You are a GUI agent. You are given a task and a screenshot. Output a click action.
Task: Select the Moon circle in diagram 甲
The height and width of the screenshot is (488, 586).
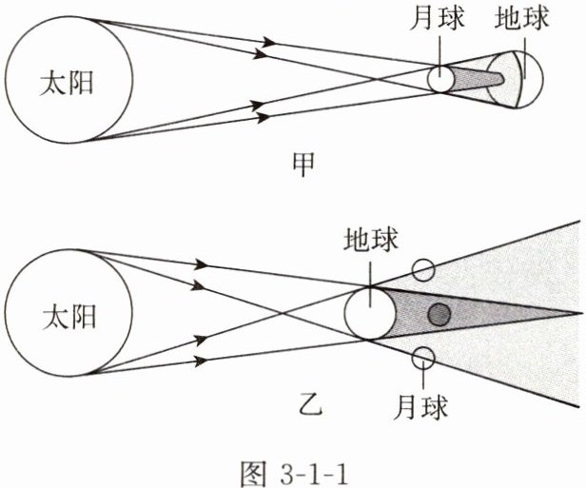(440, 78)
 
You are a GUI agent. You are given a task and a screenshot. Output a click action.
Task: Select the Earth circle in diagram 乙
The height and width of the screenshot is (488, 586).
(369, 313)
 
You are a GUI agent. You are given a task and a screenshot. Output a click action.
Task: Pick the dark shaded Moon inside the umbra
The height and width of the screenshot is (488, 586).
(439, 314)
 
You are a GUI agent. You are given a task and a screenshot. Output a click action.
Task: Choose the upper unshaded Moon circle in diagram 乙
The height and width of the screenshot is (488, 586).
(424, 269)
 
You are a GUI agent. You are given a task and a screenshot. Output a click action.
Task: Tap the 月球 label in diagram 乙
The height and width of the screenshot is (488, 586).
(420, 406)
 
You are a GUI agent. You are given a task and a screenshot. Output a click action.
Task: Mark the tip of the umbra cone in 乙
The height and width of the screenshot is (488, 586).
(582, 311)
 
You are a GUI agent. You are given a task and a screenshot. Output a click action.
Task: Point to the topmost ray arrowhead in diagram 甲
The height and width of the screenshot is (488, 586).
(271, 42)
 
